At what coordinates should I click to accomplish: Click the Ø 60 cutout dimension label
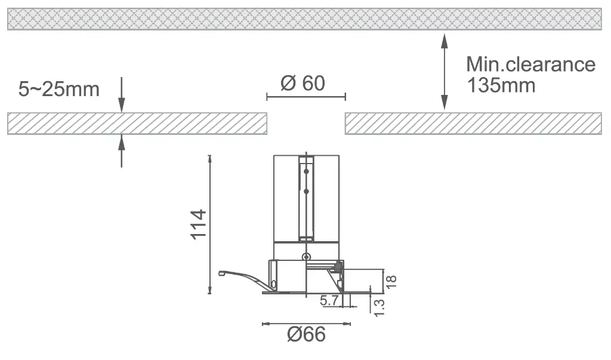(303, 83)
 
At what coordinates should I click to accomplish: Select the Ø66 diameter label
(306, 335)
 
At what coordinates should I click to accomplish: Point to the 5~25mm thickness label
(59, 90)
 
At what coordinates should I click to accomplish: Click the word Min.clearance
(530, 64)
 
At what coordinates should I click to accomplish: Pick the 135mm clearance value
(501, 85)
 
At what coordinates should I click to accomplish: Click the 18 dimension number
(391, 282)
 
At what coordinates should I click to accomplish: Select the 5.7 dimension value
(329, 301)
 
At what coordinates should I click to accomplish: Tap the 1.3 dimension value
(379, 308)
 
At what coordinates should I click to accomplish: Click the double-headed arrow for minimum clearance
(444, 72)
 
